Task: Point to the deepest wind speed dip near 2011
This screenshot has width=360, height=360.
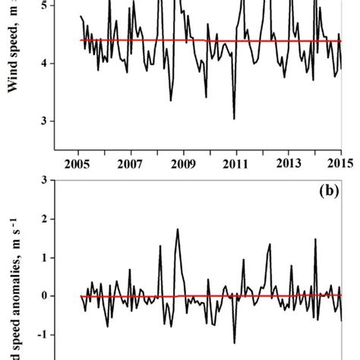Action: pos(234,118)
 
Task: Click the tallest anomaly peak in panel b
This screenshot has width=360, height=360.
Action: pos(178,229)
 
